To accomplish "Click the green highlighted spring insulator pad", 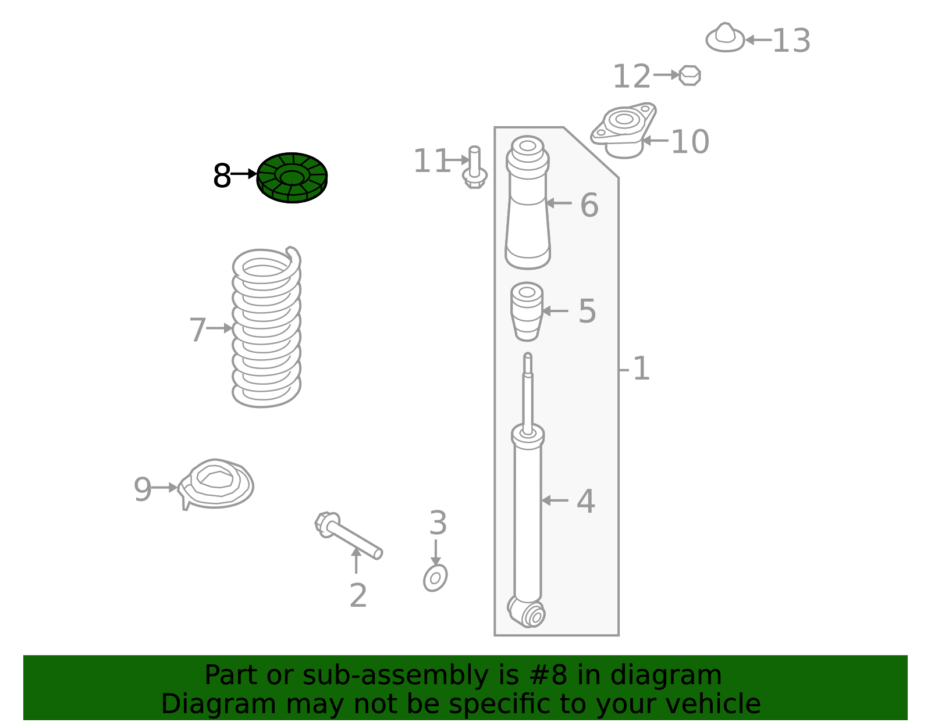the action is [x=292, y=177].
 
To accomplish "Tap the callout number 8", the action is [x=222, y=176].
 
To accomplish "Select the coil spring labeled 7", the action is [x=266, y=327].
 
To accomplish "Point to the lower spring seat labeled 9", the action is [x=215, y=484].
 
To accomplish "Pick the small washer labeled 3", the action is [x=435, y=578].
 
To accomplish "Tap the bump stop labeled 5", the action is [x=527, y=312].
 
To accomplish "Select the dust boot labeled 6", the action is [x=528, y=202].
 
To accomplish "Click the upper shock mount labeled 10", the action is [x=623, y=130].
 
